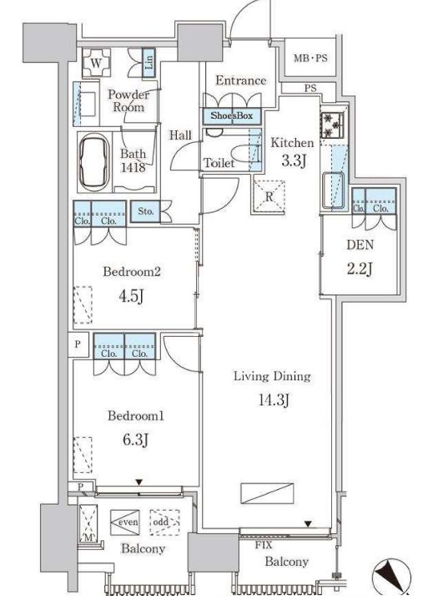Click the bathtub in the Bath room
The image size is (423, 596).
93,162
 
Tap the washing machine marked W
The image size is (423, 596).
96,63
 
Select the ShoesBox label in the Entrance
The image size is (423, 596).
232,116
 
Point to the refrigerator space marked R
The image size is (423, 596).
269,197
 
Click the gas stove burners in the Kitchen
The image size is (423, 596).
332,125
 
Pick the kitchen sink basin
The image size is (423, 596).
334,190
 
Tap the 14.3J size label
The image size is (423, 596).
274,400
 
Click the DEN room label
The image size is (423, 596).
360,245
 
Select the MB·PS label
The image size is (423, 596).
310,59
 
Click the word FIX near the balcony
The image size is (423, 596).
264,545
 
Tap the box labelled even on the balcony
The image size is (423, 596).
125,522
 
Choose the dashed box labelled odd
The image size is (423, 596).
164,522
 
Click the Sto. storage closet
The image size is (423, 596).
145,211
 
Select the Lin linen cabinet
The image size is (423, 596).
149,64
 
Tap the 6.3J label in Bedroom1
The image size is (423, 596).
135,440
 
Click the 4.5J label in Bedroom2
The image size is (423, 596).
131,296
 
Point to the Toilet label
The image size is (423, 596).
219,163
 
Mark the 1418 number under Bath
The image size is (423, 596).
133,167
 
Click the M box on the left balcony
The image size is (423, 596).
88,522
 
